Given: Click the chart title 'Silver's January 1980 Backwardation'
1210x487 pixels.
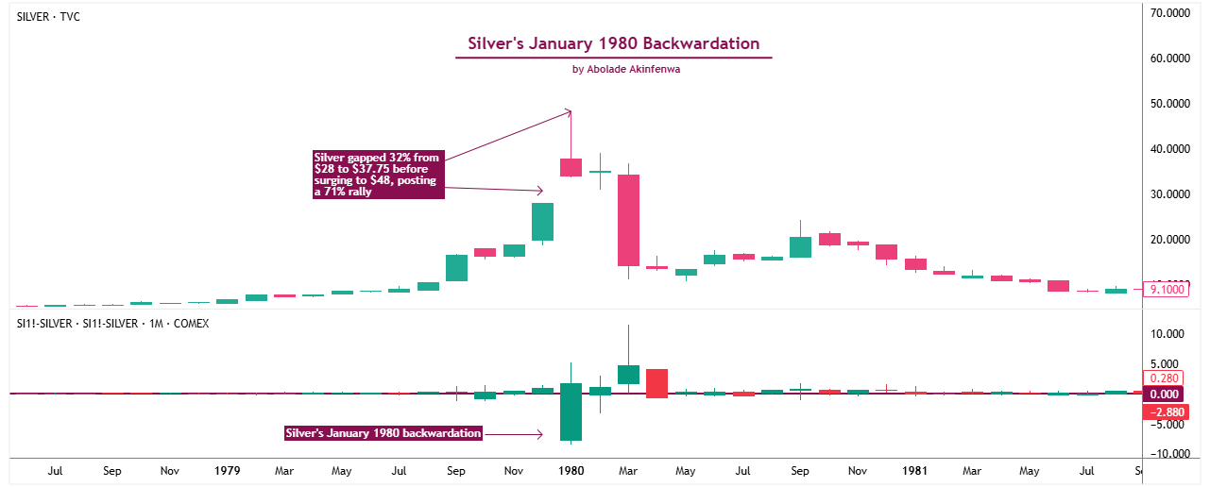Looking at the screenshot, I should coord(614,43).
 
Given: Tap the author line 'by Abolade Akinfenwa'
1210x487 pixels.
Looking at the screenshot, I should coord(614,69).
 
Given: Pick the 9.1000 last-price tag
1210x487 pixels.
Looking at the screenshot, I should coord(1166,290).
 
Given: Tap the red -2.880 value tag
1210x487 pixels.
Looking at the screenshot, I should coord(1164,411).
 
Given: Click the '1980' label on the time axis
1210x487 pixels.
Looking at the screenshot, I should coord(571,470).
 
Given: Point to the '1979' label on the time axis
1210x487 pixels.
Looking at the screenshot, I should coord(228,470).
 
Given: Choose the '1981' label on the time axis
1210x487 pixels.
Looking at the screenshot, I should coord(913,470).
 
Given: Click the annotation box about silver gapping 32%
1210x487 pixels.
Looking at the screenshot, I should coord(378,174).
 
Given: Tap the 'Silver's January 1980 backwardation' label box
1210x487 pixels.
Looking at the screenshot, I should coord(383,433).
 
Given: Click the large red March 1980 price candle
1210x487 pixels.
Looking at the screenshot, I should coord(628,220).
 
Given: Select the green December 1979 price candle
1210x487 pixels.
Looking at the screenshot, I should coord(542,222).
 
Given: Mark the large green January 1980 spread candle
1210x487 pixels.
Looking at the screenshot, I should coord(571,411).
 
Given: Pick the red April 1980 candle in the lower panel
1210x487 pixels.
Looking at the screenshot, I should coord(657,383).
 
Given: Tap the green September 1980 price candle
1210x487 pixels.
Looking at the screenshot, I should coord(800,247).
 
